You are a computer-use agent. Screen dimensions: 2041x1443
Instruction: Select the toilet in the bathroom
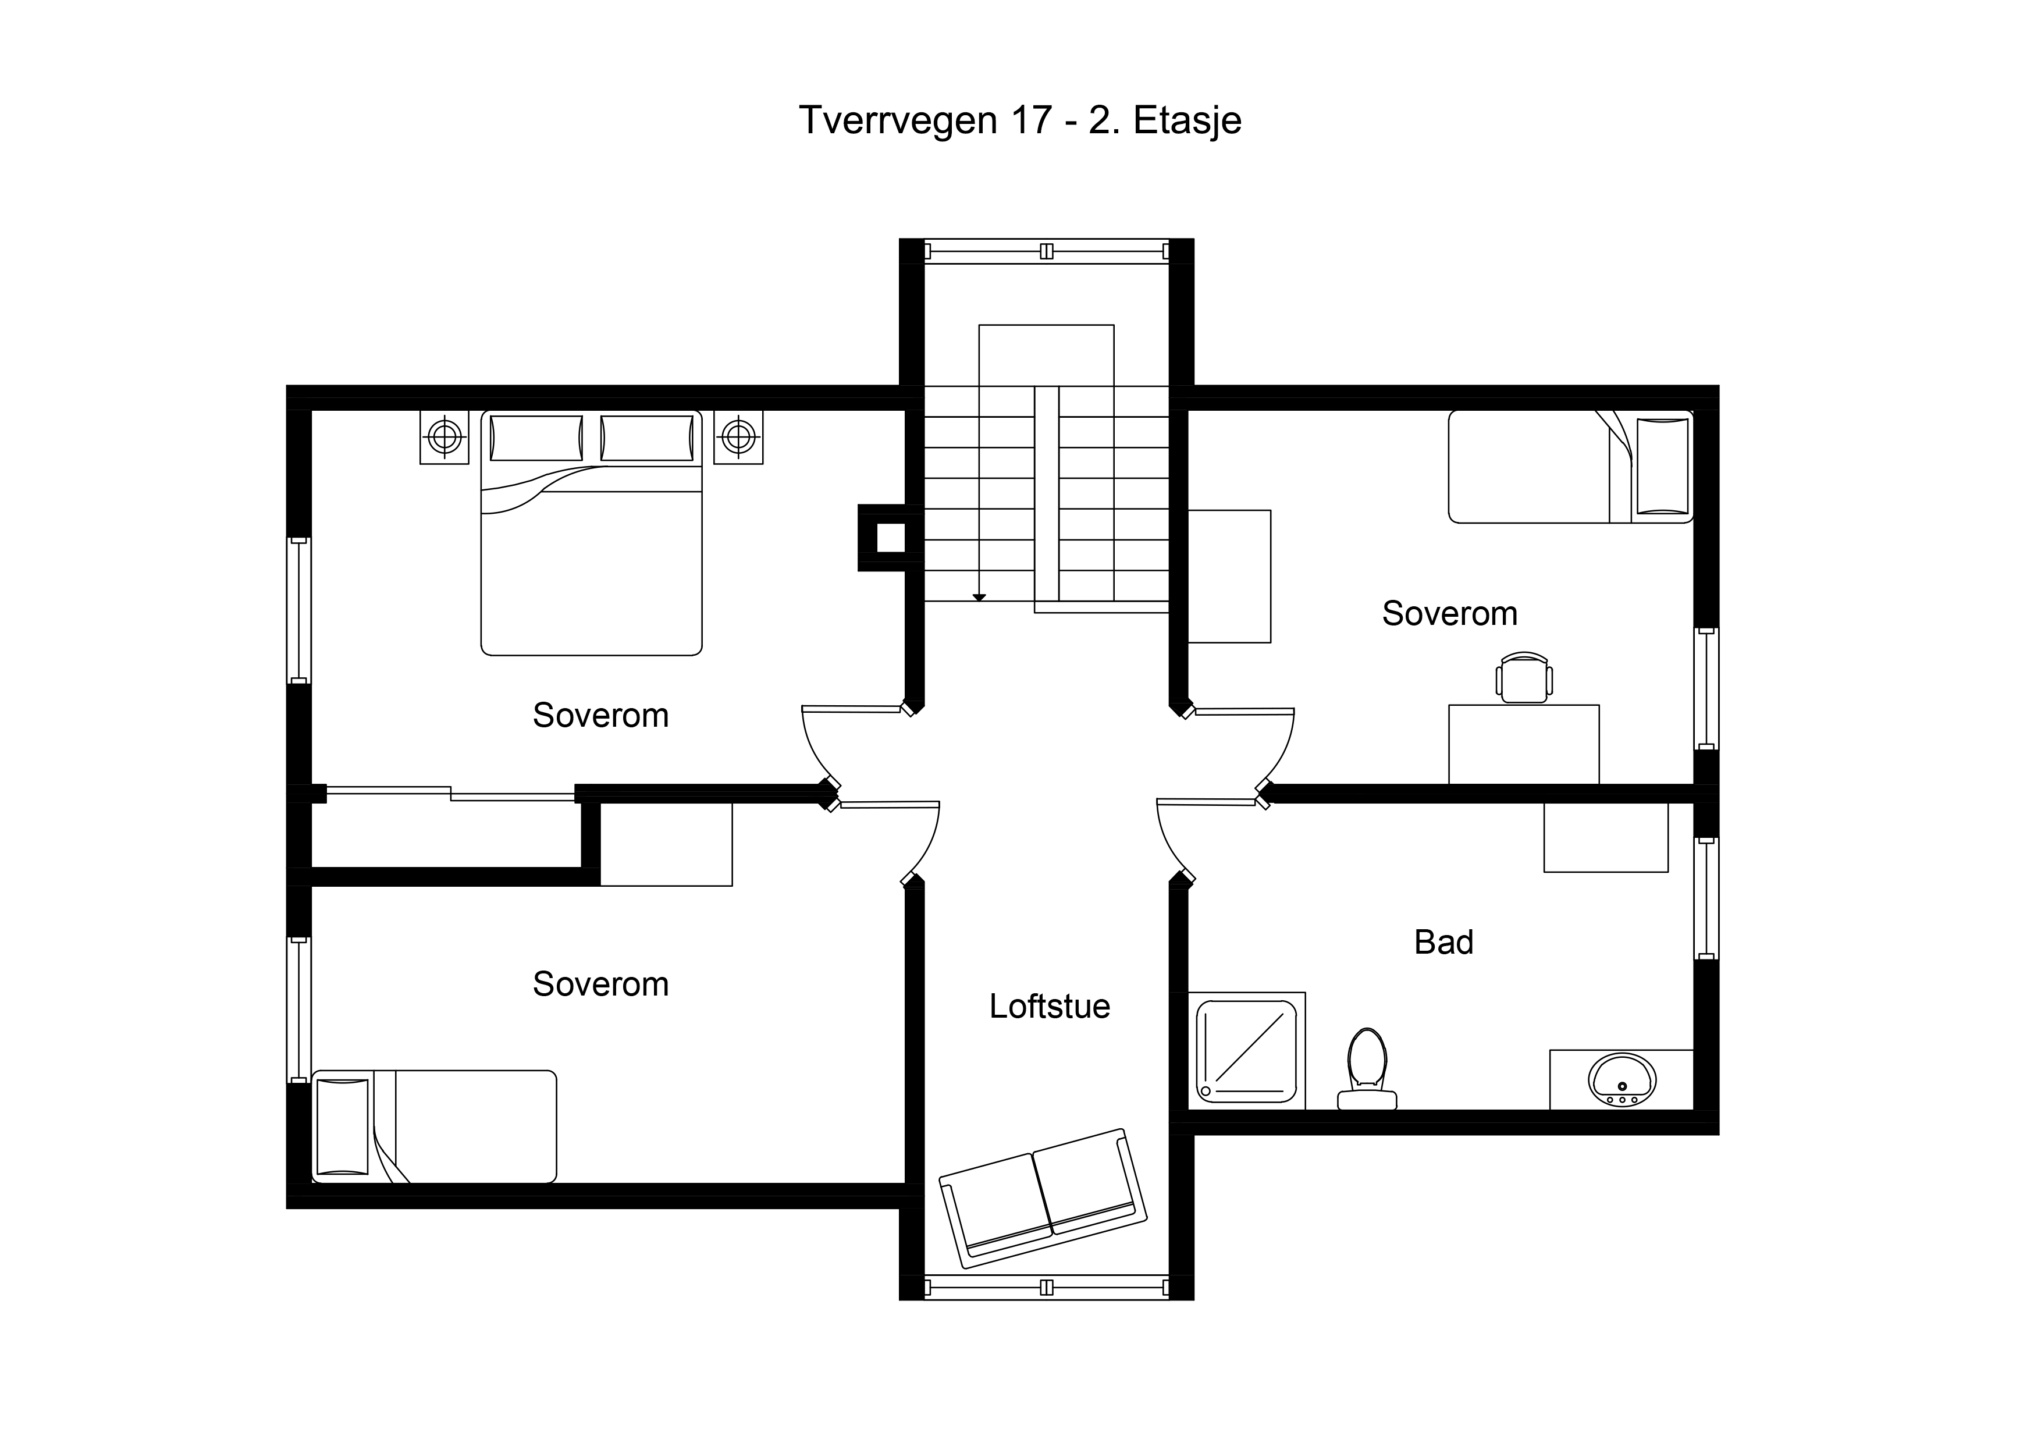point(1367,1069)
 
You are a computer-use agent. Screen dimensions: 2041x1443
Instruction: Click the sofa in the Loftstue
point(1044,1199)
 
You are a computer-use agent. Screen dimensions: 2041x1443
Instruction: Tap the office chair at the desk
point(1524,677)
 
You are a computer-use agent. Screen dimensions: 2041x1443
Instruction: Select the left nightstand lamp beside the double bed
point(445,436)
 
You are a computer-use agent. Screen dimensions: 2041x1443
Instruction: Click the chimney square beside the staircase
point(891,538)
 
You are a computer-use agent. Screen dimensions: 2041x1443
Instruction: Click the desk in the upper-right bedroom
point(1524,744)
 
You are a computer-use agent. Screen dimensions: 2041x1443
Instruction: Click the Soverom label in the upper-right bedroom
point(1450,613)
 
